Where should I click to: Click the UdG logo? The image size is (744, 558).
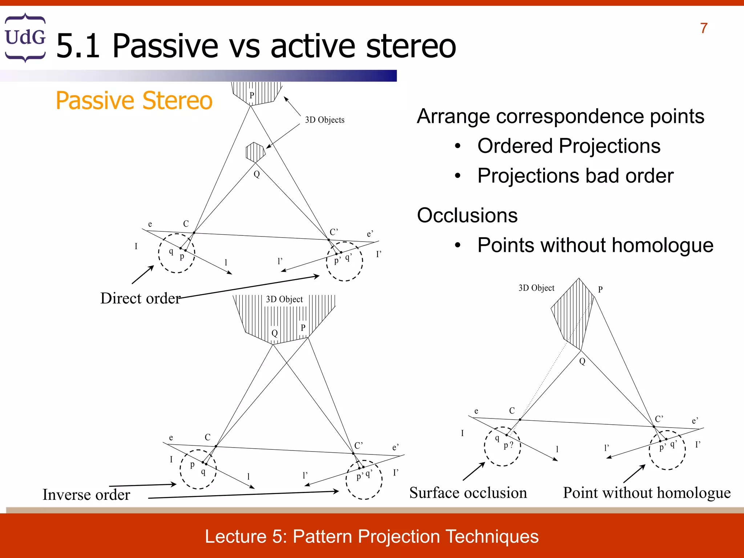(x=25, y=37)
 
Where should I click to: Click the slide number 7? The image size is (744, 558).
(x=704, y=28)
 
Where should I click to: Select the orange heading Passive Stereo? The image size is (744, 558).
(x=134, y=101)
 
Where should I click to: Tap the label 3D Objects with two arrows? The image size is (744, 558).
(x=324, y=120)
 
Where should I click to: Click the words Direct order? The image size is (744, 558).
(x=140, y=298)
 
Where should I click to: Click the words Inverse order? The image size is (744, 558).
(x=86, y=494)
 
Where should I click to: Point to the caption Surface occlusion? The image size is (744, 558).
(x=468, y=493)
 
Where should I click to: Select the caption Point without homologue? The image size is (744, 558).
(x=647, y=493)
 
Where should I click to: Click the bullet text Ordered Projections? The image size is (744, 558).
(x=569, y=146)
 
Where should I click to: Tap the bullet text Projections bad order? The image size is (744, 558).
(x=575, y=176)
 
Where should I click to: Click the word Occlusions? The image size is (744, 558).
(x=467, y=215)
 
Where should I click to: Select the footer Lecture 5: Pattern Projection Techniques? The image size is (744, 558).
(x=372, y=537)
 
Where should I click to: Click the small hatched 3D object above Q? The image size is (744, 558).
(x=255, y=152)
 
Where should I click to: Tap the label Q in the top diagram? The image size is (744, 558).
(x=257, y=174)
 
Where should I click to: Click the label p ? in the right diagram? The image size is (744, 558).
(x=508, y=445)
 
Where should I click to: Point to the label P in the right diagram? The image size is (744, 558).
(x=600, y=289)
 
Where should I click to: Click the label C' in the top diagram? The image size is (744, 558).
(x=333, y=232)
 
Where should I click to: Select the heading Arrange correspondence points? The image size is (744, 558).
(x=560, y=116)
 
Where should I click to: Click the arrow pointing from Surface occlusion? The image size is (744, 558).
(x=474, y=471)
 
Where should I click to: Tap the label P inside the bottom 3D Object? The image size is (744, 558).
(x=303, y=327)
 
